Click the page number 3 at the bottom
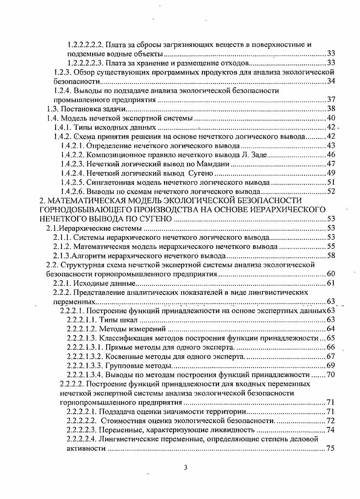coord(185,467)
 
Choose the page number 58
coord(330,256)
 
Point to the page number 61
coord(330,283)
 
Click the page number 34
coord(330,81)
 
